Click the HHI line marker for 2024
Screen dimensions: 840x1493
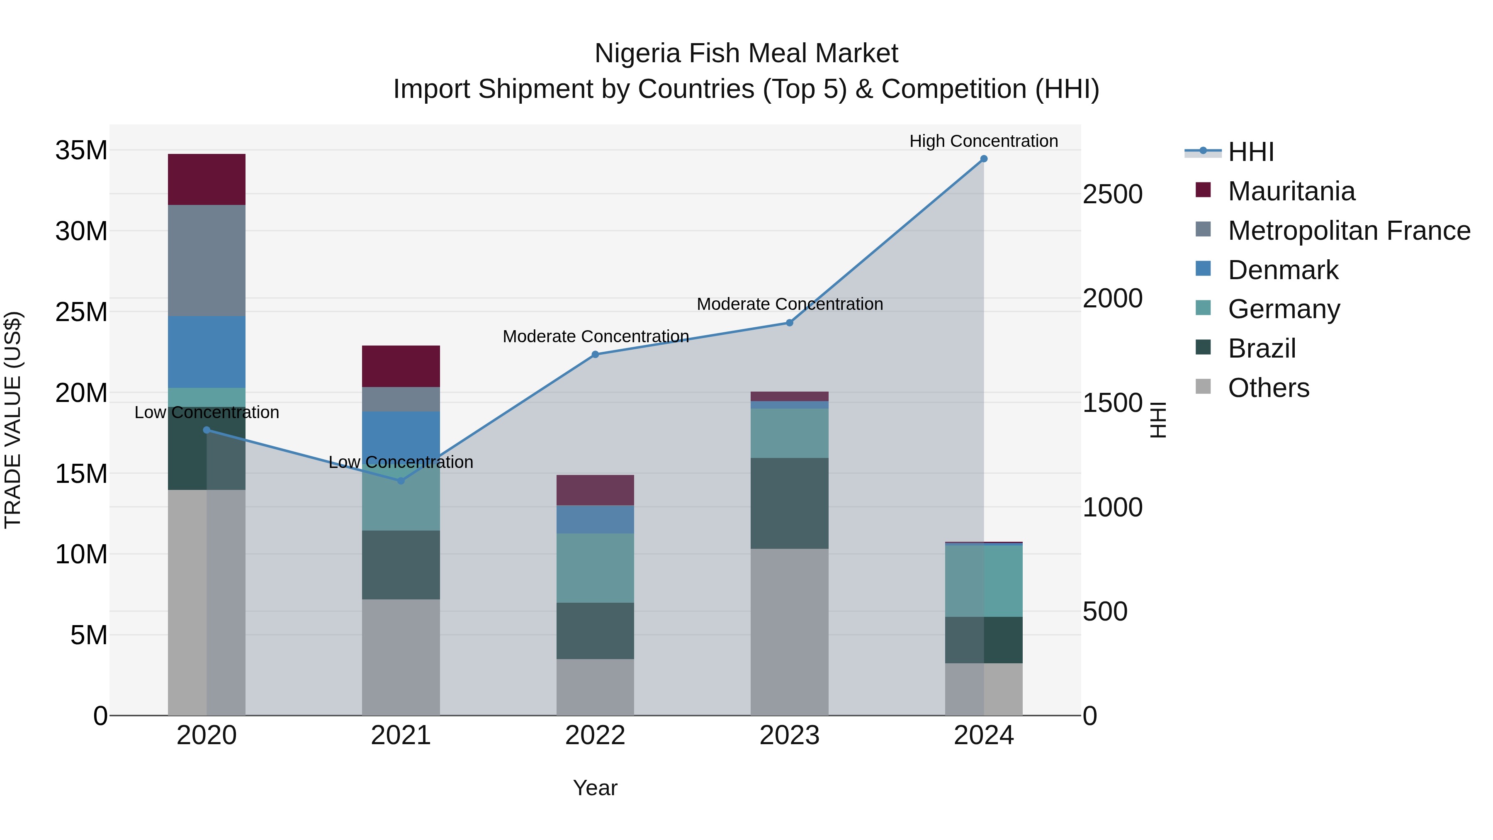[984, 159]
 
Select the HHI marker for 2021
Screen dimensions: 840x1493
[401, 481]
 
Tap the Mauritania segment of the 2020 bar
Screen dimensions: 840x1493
[207, 180]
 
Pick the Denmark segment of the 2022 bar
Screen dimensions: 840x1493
[595, 519]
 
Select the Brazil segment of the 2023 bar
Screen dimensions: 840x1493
[789, 503]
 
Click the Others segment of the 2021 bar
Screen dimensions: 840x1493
[401, 657]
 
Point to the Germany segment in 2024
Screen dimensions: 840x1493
[984, 581]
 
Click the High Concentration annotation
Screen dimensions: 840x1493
[984, 141]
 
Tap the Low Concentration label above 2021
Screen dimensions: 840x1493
[401, 462]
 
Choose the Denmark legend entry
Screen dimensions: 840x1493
[1283, 270]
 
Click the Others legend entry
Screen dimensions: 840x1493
[1268, 388]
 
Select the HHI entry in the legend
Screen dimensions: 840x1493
[1251, 152]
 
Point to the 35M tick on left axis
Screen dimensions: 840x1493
[81, 151]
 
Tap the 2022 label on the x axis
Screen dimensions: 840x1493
[595, 735]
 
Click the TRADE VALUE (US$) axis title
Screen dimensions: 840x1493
[13, 420]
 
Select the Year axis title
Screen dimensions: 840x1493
[595, 788]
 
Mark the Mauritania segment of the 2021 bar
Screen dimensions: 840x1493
[401, 366]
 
